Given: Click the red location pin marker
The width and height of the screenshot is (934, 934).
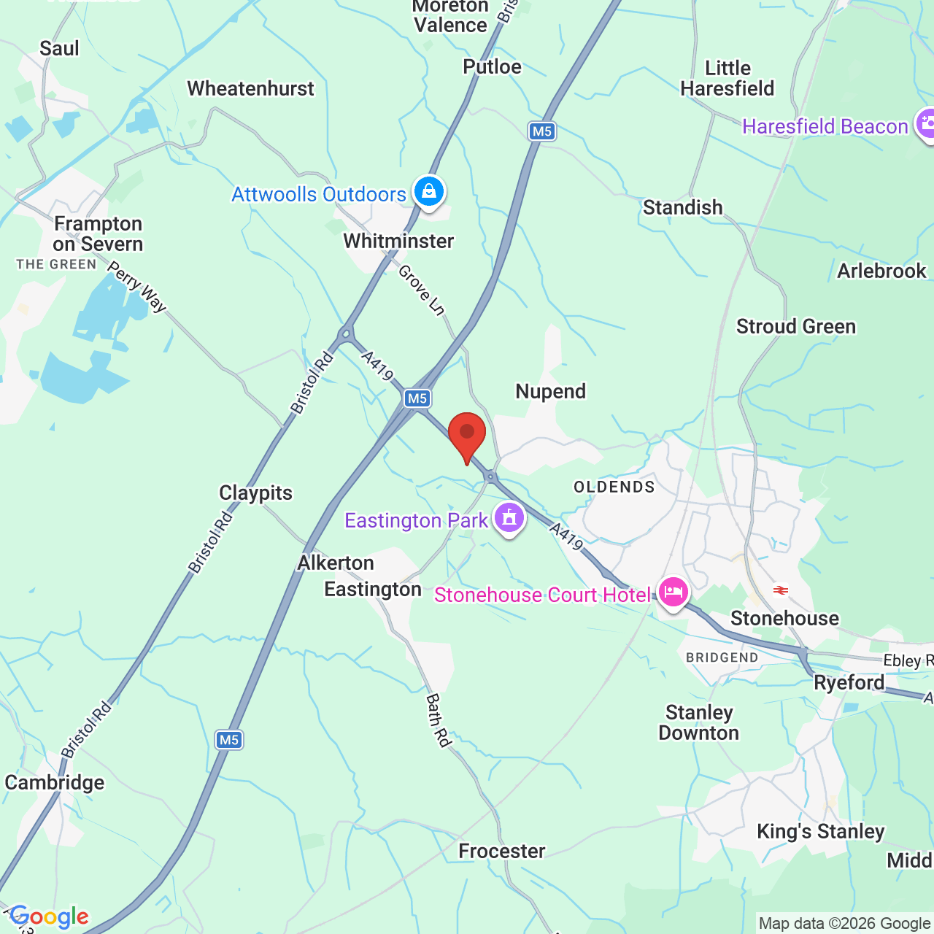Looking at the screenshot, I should coord(467,434).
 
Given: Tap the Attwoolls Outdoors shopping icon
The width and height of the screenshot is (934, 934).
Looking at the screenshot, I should coord(429,192).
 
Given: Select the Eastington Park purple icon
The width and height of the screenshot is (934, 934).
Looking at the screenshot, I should coord(509,518).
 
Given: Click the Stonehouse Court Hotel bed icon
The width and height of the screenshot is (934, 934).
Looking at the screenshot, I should coord(673,592).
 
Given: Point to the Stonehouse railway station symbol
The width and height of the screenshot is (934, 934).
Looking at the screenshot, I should coord(781,590).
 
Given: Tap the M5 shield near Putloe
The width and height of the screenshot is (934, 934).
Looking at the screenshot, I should coord(541,131).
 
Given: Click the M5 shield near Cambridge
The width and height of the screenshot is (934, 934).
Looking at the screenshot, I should coord(228,740).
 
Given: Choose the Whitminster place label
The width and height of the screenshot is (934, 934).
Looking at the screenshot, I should coord(398,241).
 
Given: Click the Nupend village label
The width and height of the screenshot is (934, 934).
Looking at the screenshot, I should coord(551,391).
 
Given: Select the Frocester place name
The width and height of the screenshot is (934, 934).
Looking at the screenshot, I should coord(502,851).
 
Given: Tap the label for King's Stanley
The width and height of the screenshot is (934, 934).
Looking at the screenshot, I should coord(820,831).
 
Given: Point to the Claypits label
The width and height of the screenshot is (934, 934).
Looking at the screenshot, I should coord(255,493).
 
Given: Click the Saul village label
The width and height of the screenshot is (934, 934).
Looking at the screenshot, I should coord(59,48).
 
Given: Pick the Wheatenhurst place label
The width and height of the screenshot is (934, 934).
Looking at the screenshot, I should coord(250,88).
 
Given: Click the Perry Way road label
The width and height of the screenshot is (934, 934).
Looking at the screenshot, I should coord(137,286).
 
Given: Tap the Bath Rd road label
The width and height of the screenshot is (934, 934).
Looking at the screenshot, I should coord(438,720).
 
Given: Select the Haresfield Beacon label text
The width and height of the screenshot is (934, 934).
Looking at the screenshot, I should coord(825,126).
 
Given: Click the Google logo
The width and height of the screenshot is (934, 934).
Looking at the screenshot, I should coord(50,916).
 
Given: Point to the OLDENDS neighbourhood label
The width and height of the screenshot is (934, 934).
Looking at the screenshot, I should coord(614,487).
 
